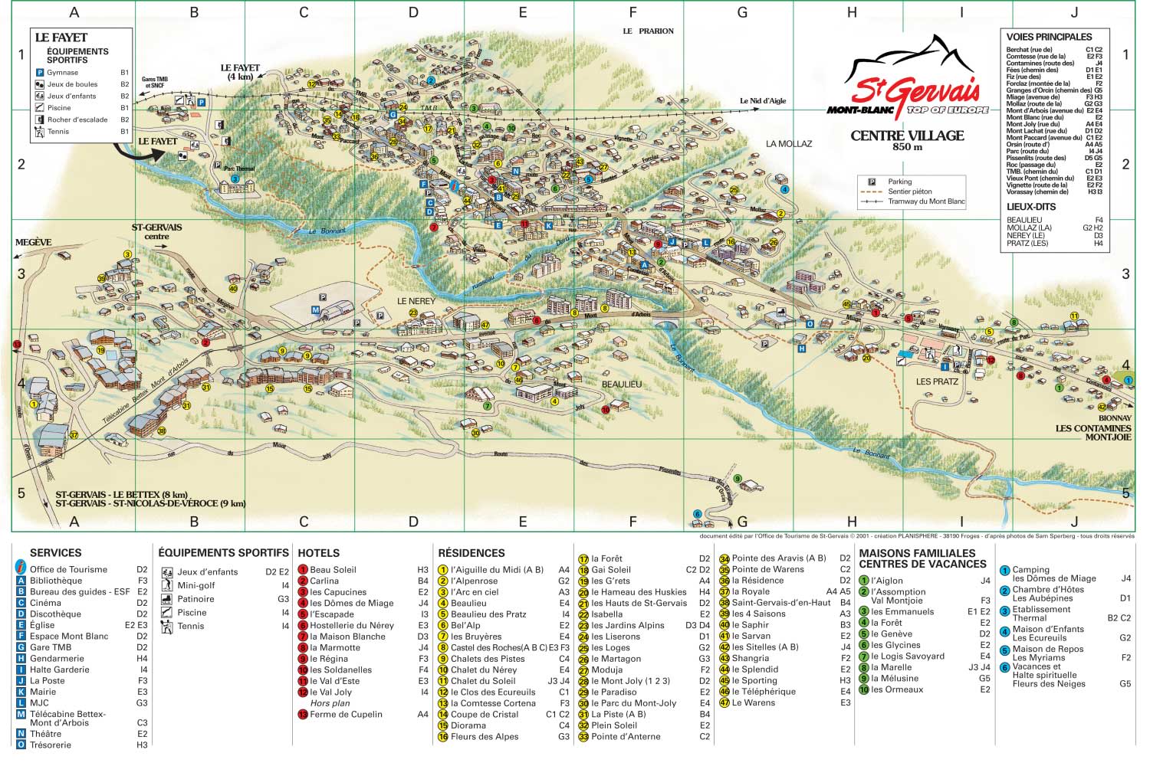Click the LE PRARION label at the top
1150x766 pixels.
click(648, 31)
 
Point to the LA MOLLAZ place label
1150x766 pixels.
click(788, 144)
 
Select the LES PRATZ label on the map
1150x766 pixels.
click(937, 381)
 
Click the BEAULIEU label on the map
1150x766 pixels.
click(621, 384)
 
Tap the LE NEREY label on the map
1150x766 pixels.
click(416, 301)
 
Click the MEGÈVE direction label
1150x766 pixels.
click(33, 243)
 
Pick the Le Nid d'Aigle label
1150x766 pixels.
click(762, 101)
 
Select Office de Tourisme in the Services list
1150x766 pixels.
click(68, 569)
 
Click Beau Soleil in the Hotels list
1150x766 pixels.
click(333, 570)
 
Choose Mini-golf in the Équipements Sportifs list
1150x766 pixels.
click(195, 585)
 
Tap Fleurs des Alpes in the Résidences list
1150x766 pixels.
click(484, 737)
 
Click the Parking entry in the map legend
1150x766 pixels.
click(899, 182)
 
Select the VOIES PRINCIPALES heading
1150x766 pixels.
click(1049, 37)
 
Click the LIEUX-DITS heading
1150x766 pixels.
click(1030, 207)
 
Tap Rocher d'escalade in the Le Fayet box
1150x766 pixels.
click(77, 119)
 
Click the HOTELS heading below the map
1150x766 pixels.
click(318, 553)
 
